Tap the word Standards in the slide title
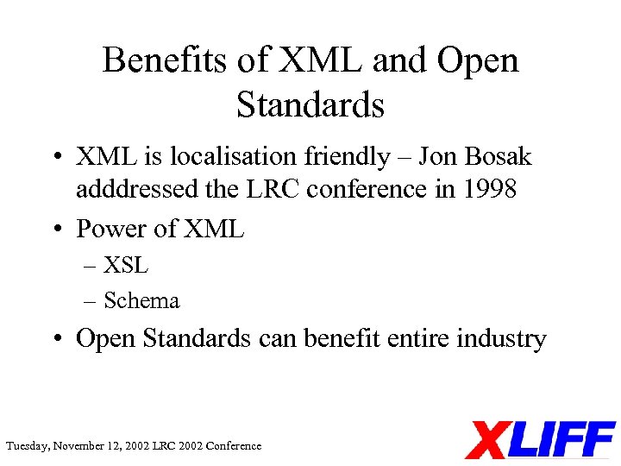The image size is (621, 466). [x=310, y=104]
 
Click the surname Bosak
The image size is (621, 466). [x=497, y=157]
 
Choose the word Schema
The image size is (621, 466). [x=141, y=300]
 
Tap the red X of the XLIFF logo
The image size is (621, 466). [x=489, y=440]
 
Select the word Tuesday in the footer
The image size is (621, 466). [x=28, y=446]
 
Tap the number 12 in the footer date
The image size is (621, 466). [x=116, y=446]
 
